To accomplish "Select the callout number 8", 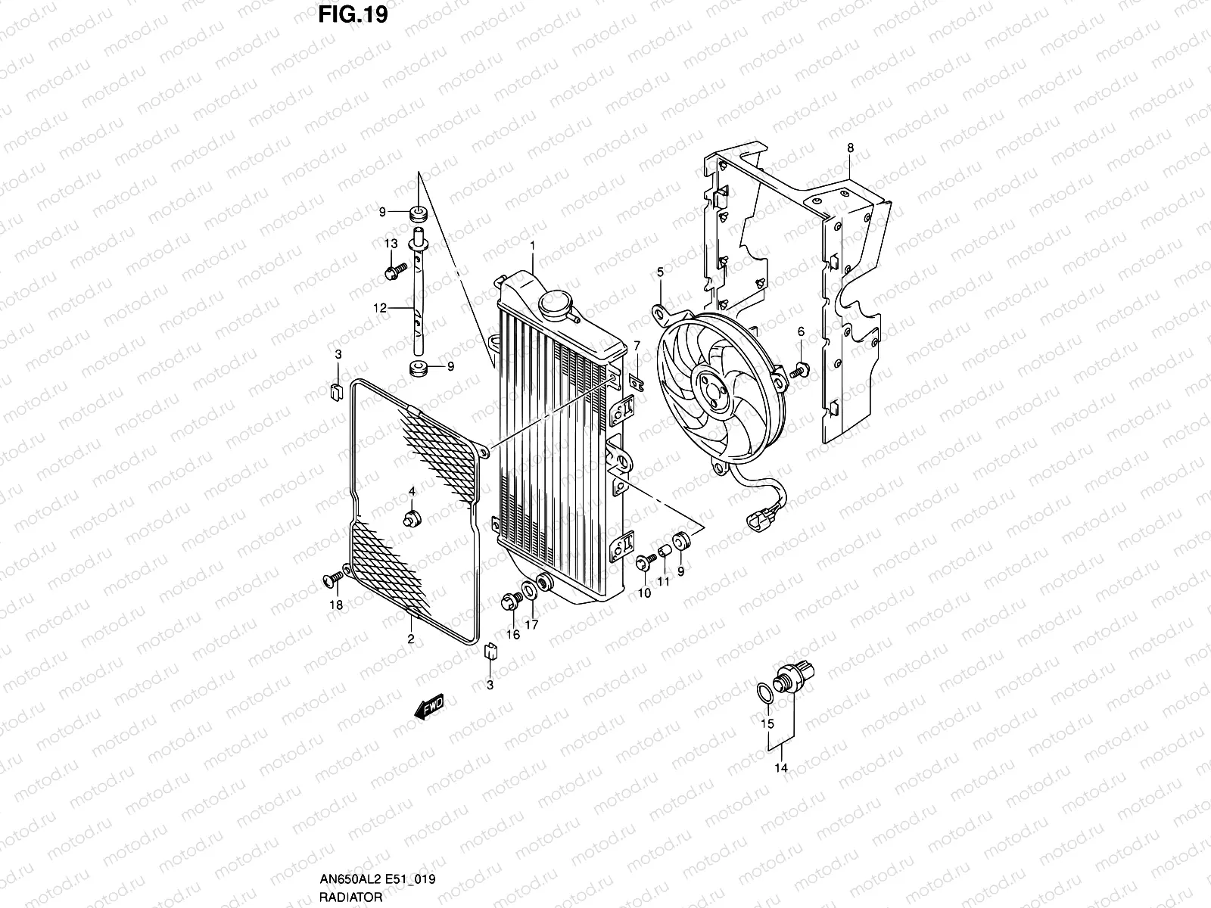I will (850, 148).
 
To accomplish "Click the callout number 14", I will (782, 768).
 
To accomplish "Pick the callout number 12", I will (379, 308).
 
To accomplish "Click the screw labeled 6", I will (799, 370).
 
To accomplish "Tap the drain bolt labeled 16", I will (510, 602).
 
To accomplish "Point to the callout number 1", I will (533, 246).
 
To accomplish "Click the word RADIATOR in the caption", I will (339, 897).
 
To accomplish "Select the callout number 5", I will (660, 271).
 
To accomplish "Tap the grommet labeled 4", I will (413, 518).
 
